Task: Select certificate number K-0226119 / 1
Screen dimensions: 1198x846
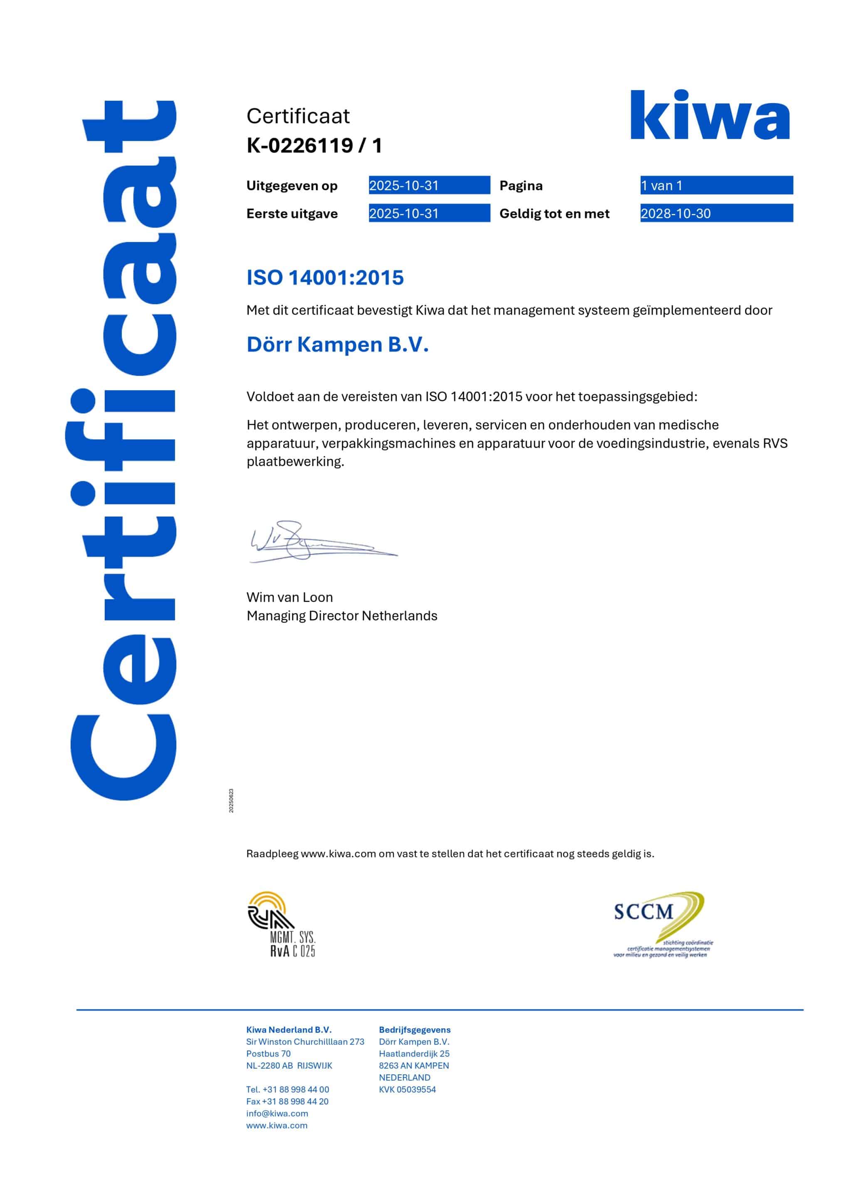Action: coord(314,146)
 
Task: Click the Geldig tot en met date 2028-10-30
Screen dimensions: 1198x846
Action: coord(676,213)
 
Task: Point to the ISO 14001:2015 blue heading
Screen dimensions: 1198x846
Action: coord(325,277)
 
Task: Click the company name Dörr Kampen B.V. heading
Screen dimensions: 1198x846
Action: coord(338,344)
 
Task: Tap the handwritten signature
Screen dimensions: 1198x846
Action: coord(313,542)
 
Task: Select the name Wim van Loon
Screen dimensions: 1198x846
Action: coord(289,597)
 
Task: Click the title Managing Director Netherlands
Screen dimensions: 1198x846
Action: coord(342,616)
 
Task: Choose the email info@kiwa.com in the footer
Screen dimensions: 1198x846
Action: coord(277,1114)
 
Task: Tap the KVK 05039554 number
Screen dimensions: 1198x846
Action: coord(407,1089)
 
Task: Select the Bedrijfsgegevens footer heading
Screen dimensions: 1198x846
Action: coord(414,1030)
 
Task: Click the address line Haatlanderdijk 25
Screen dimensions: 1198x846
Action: coord(414,1054)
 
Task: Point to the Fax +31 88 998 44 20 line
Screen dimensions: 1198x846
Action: coord(287,1101)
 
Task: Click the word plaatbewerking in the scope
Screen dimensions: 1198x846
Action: coord(295,462)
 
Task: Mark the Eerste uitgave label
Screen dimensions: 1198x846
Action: coord(292,214)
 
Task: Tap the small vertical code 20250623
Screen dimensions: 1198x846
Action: coord(231,800)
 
